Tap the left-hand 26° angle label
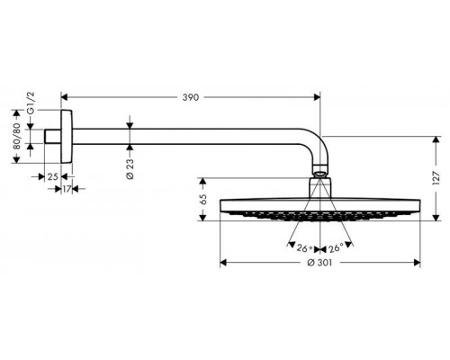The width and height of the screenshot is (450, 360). [x=303, y=247]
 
